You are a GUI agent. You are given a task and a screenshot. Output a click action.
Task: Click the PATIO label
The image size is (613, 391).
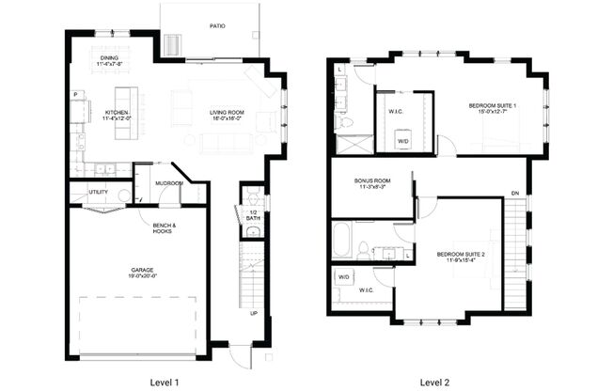(x=216, y=26)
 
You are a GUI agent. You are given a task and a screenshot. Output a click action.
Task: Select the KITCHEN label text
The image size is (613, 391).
(x=118, y=113)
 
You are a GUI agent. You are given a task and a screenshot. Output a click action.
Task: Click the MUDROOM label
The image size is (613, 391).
(x=169, y=183)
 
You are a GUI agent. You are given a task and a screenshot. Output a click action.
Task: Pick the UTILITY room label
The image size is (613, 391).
(x=98, y=193)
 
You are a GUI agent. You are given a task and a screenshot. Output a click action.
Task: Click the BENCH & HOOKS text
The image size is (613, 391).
(x=165, y=227)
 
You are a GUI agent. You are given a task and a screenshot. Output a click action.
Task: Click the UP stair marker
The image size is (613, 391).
(x=253, y=314)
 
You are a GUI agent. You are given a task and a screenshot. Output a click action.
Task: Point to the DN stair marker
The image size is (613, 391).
(x=514, y=194)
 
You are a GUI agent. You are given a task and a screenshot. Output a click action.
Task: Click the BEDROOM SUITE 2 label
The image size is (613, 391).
(x=461, y=255)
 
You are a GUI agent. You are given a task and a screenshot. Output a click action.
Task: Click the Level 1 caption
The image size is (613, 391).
(x=165, y=382)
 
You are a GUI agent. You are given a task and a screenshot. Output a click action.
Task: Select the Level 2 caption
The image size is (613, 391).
(x=434, y=382)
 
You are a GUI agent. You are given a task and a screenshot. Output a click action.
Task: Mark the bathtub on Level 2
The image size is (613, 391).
(x=341, y=238)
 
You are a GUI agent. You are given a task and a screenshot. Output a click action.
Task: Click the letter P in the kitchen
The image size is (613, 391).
(x=74, y=95)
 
